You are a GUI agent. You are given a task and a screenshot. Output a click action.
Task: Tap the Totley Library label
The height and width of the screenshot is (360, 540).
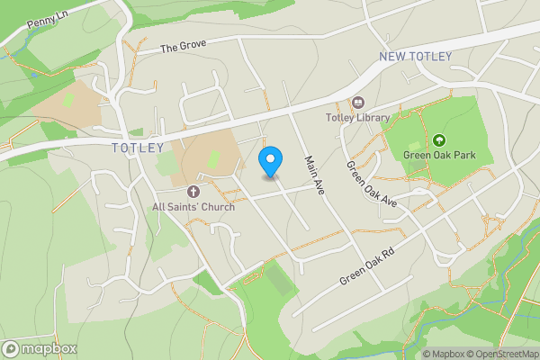pos(357,117)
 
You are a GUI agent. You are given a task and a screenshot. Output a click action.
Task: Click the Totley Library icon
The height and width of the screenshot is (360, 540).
pos(358,103)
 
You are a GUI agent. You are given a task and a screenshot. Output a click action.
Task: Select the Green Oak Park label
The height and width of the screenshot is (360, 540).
pos(438,154)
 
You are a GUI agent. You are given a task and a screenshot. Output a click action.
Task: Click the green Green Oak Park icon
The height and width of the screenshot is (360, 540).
pos(439,139)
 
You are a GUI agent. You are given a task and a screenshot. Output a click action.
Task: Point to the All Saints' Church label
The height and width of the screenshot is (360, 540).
pos(193,207)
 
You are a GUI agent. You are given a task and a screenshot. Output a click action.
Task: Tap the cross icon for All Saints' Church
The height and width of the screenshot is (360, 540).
pos(193,192)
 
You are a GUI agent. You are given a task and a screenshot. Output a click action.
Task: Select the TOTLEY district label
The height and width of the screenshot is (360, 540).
pos(138,148)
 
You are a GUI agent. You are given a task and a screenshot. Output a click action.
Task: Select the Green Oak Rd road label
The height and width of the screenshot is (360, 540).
pos(367,266)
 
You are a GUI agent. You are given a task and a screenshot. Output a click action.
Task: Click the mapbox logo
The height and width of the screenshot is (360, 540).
pos(40,349)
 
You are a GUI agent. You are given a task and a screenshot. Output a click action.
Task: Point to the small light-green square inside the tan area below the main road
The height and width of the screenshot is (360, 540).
pos(215,159)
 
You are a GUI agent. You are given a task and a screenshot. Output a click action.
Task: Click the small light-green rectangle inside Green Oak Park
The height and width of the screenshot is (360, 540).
pos(415,145)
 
